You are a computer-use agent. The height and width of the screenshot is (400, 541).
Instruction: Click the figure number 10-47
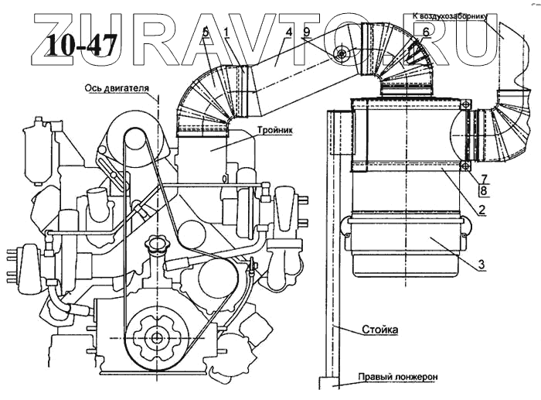coord(80,46)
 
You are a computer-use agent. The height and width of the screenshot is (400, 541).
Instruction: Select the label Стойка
coord(380,330)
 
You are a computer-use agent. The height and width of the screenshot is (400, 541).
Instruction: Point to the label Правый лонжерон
coord(397,378)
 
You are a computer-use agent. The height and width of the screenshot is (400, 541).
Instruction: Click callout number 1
coord(226,31)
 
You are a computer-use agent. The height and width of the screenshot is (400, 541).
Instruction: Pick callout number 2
coord(480,210)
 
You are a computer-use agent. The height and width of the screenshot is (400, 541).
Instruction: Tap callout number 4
coord(288,31)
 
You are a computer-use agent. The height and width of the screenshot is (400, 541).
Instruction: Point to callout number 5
coord(206,31)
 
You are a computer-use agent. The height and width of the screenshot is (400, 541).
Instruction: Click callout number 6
coord(425,31)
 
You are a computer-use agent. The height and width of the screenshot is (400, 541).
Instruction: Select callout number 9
coord(306,31)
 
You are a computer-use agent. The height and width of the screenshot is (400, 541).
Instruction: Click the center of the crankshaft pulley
coord(157,337)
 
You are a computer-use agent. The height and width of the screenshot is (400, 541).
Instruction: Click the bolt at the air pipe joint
coord(340,53)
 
